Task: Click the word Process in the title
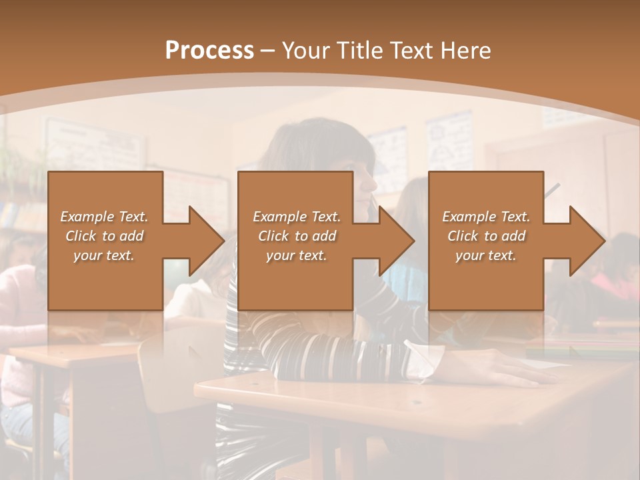pos(209,51)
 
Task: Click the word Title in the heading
pos(358,51)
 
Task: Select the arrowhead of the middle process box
pos(396,241)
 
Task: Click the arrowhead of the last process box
pos(587,241)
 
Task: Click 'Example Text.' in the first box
pos(105,217)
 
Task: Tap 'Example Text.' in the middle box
pos(297,217)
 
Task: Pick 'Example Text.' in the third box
pos(486,217)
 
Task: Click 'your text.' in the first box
pos(104,255)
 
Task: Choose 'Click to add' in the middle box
pos(297,236)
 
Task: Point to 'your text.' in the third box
pos(486,255)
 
